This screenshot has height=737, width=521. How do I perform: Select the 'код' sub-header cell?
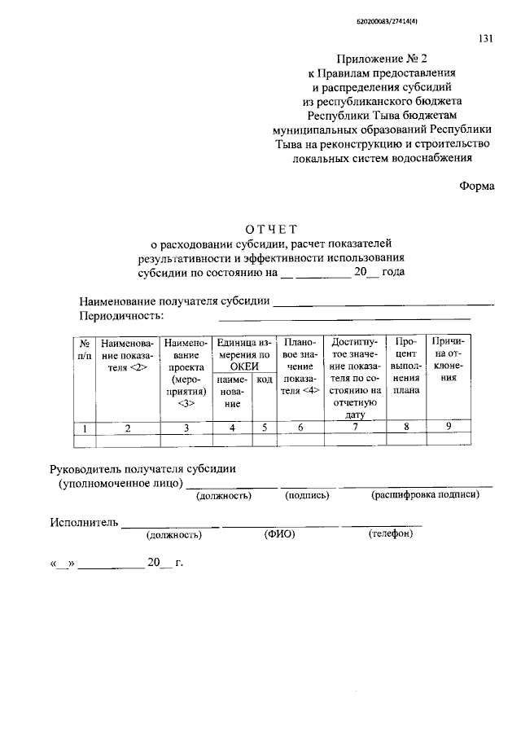[x=265, y=379]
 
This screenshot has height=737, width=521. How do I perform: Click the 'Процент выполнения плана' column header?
[x=405, y=366]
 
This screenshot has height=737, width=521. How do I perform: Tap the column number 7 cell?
[x=355, y=428]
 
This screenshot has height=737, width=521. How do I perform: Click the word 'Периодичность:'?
[x=121, y=315]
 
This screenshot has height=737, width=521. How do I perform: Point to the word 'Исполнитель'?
[x=85, y=521]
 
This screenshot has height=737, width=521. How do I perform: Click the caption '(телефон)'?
[x=391, y=534]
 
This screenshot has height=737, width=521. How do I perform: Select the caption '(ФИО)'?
[x=278, y=535]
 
